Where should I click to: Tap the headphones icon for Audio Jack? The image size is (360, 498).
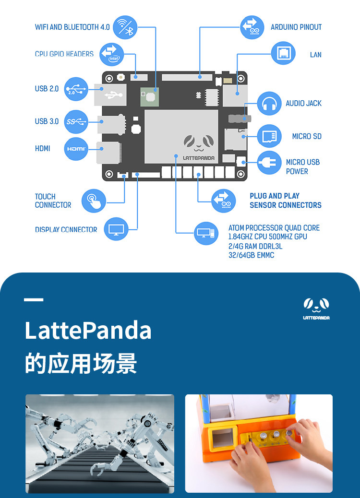(269, 104)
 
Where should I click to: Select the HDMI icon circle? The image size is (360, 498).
(76, 149)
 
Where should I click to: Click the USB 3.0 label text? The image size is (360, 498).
(47, 121)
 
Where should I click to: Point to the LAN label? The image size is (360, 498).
(315, 55)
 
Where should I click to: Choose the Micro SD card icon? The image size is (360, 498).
(269, 136)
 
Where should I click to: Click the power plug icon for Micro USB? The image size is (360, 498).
(269, 163)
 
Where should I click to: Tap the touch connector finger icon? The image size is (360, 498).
(94, 201)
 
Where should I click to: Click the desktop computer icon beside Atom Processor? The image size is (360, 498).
(206, 234)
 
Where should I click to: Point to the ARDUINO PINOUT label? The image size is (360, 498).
(296, 27)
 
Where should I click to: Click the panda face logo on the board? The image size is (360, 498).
(198, 142)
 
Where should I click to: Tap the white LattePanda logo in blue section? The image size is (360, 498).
(316, 308)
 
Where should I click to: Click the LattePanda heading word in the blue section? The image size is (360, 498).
(88, 331)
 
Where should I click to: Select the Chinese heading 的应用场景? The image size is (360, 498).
(81, 363)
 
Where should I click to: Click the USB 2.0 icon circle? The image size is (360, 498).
(76, 89)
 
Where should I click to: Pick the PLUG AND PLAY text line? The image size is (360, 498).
(275, 196)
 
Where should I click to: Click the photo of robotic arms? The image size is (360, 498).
(100, 443)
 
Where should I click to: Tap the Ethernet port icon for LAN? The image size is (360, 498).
(283, 53)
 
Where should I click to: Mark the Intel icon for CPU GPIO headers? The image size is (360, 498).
(111, 54)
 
